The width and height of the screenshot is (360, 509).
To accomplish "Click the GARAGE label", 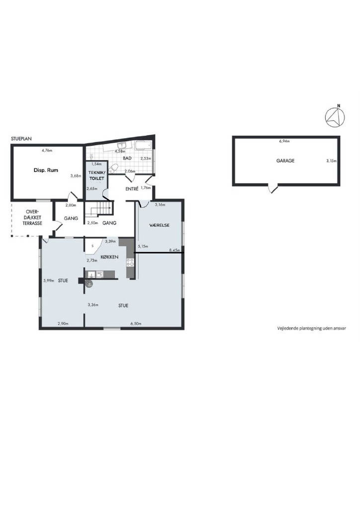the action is tap(285, 161).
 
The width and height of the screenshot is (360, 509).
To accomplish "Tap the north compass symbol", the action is tap(335, 117).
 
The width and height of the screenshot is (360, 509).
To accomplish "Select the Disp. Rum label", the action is tap(46, 170).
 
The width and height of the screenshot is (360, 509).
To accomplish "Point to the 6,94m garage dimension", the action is tap(284, 141).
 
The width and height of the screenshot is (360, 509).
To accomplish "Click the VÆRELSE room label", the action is tap(160, 225).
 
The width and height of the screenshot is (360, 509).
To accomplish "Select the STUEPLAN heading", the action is tap(21, 139).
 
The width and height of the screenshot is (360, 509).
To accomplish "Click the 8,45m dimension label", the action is tap(175, 251).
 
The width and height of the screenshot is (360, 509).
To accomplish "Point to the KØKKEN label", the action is tap(109, 257).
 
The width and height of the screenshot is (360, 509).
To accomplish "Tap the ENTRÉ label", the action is tap(132, 188).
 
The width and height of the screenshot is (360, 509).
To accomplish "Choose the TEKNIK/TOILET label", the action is tap(96, 175).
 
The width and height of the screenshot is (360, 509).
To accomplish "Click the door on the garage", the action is tap(272, 188).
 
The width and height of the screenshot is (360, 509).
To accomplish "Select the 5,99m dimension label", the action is tap(49, 281).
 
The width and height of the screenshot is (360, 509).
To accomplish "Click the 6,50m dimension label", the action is tap(136, 324).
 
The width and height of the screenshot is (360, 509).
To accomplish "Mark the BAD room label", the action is tap(127, 158).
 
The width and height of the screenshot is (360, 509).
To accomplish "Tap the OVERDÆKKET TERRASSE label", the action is tap(32, 217).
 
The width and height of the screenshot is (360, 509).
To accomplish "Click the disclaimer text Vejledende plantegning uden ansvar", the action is tap(311, 328).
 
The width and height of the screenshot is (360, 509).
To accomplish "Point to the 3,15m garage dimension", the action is tap(331, 161).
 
